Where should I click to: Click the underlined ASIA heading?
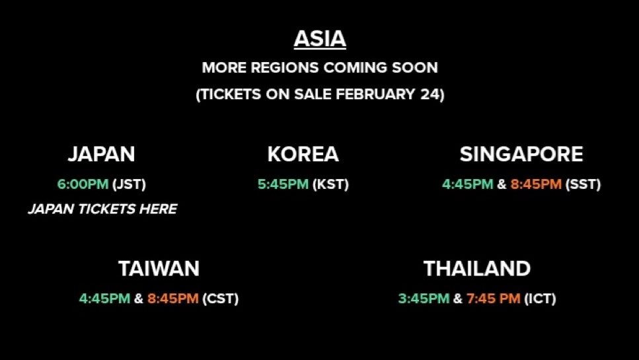pyautogui.click(x=320, y=39)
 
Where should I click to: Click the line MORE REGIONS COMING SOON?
pyautogui.click(x=320, y=67)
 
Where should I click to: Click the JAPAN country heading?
pyautogui.click(x=101, y=155)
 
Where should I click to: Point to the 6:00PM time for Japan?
pyautogui.click(x=83, y=184)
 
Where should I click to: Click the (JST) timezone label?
pyautogui.click(x=129, y=184)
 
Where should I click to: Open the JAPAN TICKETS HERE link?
pyautogui.click(x=102, y=209)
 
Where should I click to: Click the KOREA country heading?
pyautogui.click(x=303, y=155)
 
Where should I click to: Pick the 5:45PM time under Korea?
pyautogui.click(x=283, y=184)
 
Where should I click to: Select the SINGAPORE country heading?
pyautogui.click(x=521, y=155)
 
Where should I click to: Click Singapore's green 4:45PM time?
pyautogui.click(x=467, y=184)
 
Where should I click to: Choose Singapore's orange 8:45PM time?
pyautogui.click(x=535, y=184)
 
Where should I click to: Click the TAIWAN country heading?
pyautogui.click(x=159, y=269)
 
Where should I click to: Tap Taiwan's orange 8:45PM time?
pyautogui.click(x=172, y=299)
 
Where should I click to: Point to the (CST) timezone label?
pyautogui.click(x=221, y=299)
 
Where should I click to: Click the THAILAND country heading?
pyautogui.click(x=477, y=269)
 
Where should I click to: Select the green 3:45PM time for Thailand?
pyautogui.click(x=423, y=299)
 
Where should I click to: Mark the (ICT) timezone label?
pyautogui.click(x=540, y=299)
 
